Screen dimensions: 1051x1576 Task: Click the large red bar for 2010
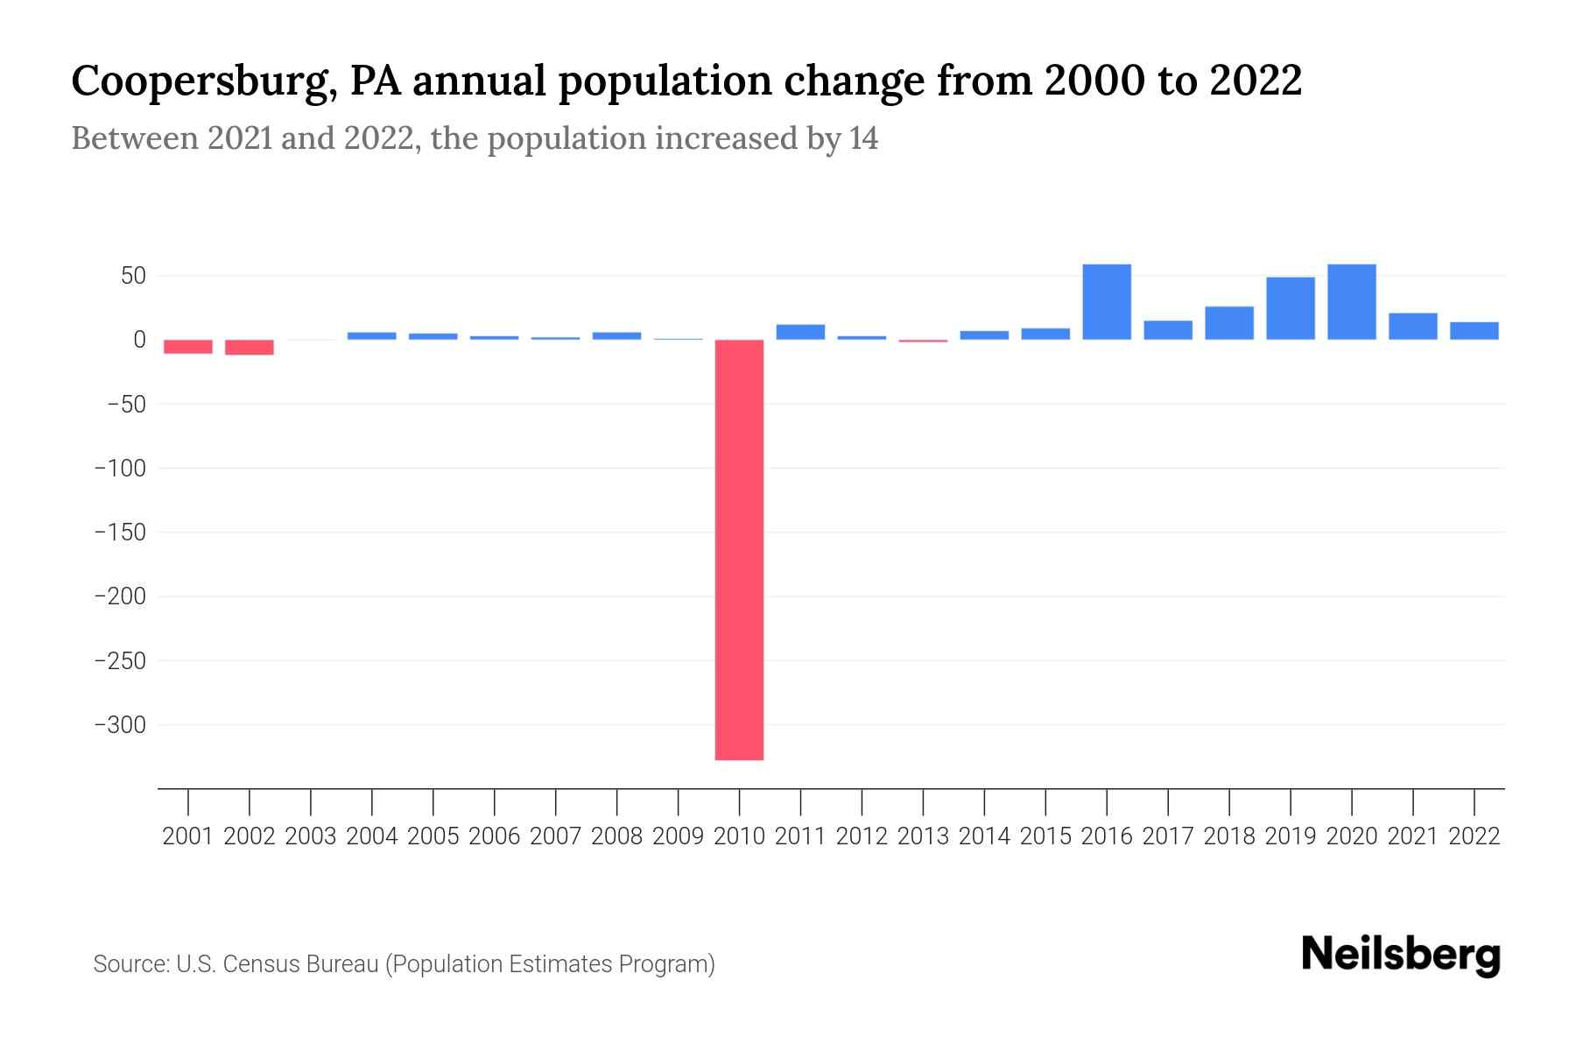pyautogui.click(x=739, y=549)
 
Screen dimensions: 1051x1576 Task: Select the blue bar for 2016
pyautogui.click(x=1107, y=302)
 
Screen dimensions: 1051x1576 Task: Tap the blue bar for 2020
pyautogui.click(x=1351, y=302)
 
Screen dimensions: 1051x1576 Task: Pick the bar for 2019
pyautogui.click(x=1291, y=308)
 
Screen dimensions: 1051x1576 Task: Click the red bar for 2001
pyautogui.click(x=188, y=347)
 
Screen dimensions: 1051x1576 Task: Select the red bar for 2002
pyautogui.click(x=250, y=348)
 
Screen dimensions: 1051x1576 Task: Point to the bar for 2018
pyautogui.click(x=1229, y=323)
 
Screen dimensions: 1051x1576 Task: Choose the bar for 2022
pyautogui.click(x=1474, y=331)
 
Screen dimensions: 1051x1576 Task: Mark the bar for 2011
pyautogui.click(x=800, y=332)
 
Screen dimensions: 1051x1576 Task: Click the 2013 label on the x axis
pyautogui.click(x=923, y=836)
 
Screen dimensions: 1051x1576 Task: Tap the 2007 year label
pyautogui.click(x=555, y=836)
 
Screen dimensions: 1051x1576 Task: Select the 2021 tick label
pyautogui.click(x=1412, y=836)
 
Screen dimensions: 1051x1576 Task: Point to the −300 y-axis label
pyautogui.click(x=120, y=725)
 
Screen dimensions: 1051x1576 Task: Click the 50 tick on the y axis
pyautogui.click(x=132, y=277)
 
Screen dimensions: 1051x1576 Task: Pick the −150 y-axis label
pyautogui.click(x=120, y=533)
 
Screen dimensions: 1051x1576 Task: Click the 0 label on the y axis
pyautogui.click(x=138, y=340)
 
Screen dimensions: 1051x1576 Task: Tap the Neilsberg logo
pyautogui.click(x=1400, y=955)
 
